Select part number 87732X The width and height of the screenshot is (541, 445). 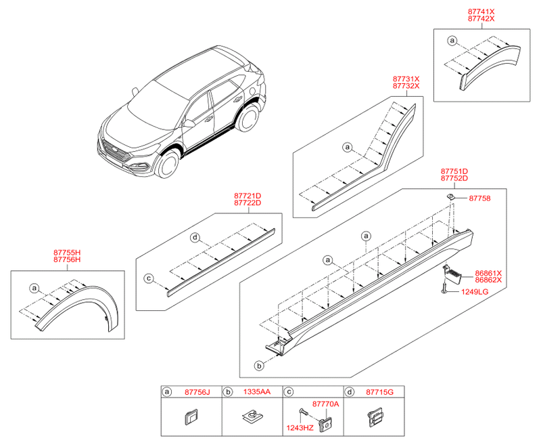pos(406,86)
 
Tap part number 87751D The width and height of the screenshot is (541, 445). pos(454,172)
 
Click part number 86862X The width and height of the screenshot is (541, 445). pos(488,280)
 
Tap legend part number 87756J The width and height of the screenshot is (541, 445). pos(197,391)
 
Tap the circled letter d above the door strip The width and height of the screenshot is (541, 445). pos(194,237)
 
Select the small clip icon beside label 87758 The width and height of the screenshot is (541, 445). pos(449,196)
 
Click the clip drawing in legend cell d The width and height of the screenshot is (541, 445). pos(374,418)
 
